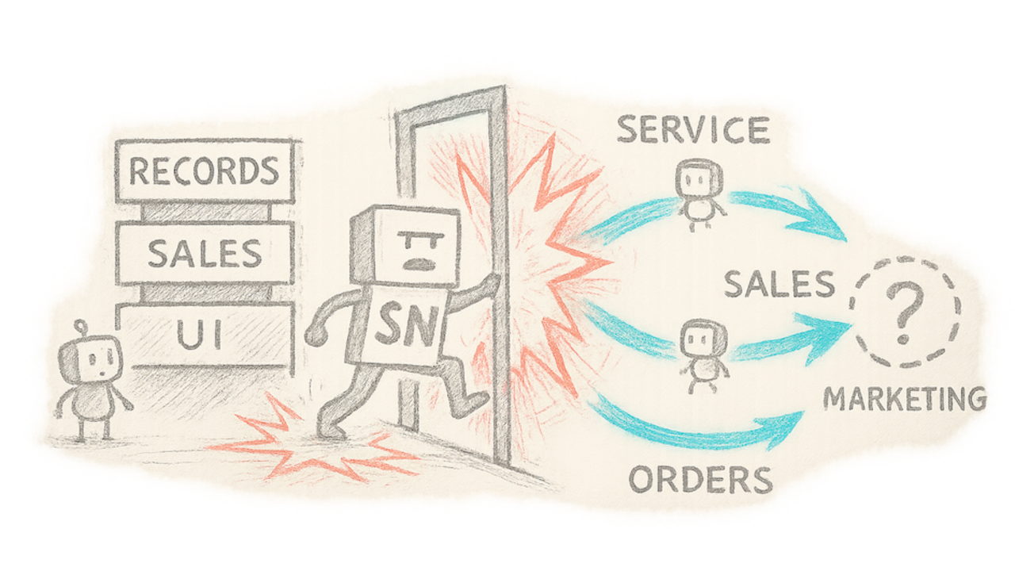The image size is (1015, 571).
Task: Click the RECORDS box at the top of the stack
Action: (205, 171)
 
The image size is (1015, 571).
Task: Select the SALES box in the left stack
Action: (205, 254)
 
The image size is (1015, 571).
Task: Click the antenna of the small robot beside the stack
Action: (79, 327)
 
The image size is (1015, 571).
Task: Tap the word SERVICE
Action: (693, 130)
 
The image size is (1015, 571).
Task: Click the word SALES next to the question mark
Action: (779, 283)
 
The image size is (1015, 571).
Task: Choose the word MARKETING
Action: (905, 399)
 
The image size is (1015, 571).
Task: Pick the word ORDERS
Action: (700, 479)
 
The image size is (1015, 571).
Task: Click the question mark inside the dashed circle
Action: (903, 313)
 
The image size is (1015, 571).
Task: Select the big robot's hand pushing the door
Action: (491, 285)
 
